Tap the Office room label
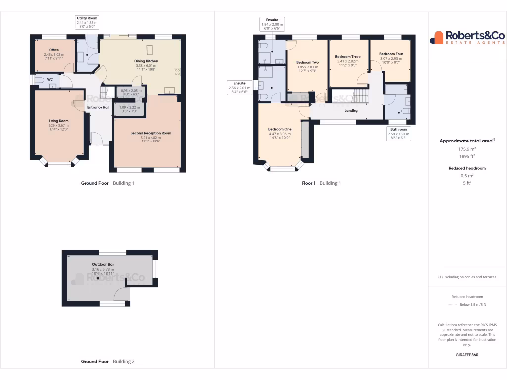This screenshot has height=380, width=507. (54, 50)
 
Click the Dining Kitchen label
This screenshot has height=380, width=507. (146, 61)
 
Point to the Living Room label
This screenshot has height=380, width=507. (58, 121)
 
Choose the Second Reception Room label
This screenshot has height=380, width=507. (151, 133)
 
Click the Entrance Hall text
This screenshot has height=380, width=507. (98, 107)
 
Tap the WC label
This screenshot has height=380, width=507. (50, 79)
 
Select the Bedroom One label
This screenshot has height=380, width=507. (280, 129)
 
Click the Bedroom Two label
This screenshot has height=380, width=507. (307, 62)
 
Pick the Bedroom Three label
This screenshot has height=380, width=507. (348, 57)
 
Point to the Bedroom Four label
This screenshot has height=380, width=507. (391, 54)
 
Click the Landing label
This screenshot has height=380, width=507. (351, 111)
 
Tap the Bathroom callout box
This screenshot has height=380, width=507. (398, 134)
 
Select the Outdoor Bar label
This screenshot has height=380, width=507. (103, 264)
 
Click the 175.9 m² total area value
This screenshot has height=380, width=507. (467, 149)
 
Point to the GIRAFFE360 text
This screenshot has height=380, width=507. (467, 355)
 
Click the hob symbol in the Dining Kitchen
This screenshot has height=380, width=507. (177, 72)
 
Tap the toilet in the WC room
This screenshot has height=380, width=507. (40, 80)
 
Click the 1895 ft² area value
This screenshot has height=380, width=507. (467, 156)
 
